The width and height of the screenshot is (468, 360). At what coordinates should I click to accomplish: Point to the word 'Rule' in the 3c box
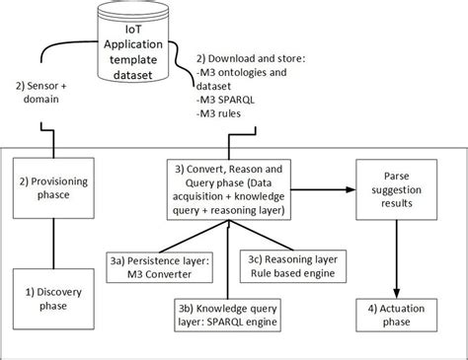[x=273, y=271]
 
